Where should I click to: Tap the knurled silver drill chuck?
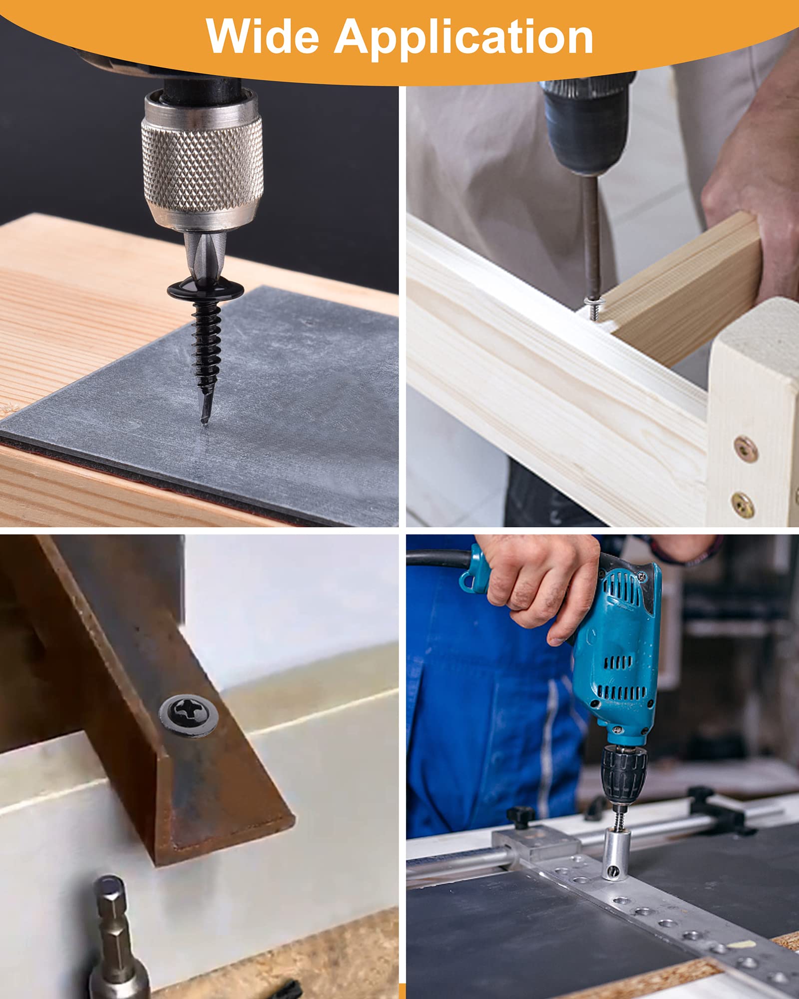pyautogui.click(x=202, y=160)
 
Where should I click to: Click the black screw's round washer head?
pyautogui.click(x=205, y=290)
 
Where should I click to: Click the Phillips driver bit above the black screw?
pyautogui.click(x=205, y=255)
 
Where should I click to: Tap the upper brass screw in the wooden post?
pyautogui.click(x=746, y=449)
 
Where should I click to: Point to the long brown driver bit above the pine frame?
pyautogui.click(x=592, y=235)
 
